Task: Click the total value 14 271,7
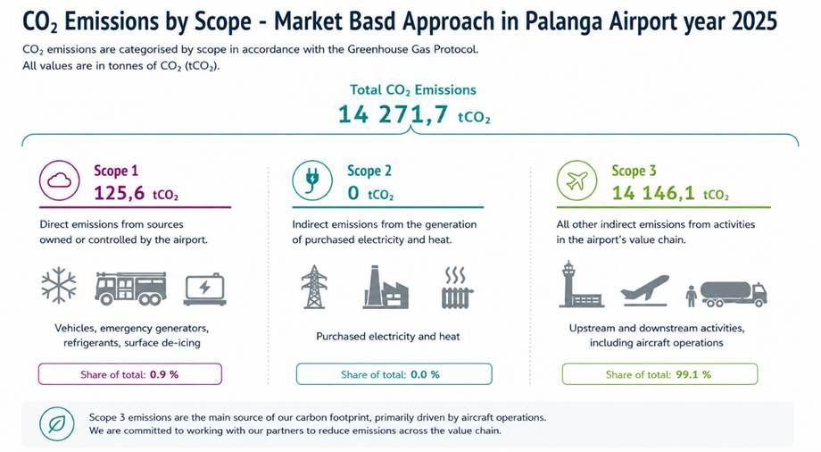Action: [x=393, y=114]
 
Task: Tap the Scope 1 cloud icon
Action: [x=59, y=180]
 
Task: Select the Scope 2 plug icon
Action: [x=312, y=180]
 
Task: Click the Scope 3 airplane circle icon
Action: [x=576, y=180]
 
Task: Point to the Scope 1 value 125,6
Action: [x=119, y=194]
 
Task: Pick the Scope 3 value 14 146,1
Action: [x=653, y=194]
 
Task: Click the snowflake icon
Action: [x=59, y=285]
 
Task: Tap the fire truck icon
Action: [x=130, y=288]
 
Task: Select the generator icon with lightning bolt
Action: [x=204, y=289]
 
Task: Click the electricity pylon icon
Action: [x=313, y=287]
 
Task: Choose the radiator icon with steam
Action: [x=457, y=288]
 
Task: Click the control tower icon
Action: [x=580, y=284]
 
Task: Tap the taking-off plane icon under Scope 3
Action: [x=644, y=290]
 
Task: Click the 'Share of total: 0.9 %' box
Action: [x=130, y=374]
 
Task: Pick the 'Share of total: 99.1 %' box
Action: [x=659, y=374]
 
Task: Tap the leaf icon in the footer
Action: [x=56, y=423]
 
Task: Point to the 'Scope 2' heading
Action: [x=369, y=171]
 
